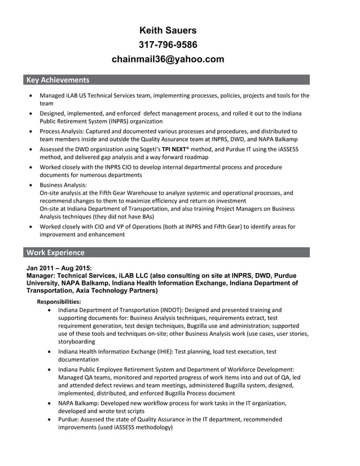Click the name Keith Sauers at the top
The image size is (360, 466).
click(x=168, y=30)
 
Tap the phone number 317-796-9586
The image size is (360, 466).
click(x=168, y=45)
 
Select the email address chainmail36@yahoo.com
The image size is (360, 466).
click(x=168, y=59)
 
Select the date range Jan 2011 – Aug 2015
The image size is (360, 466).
click(x=59, y=268)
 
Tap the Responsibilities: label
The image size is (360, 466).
click(x=59, y=302)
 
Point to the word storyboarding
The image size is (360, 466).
click(x=77, y=341)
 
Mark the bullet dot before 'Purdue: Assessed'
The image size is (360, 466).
click(x=51, y=420)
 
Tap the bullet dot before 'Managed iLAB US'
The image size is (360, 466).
click(x=30, y=96)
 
